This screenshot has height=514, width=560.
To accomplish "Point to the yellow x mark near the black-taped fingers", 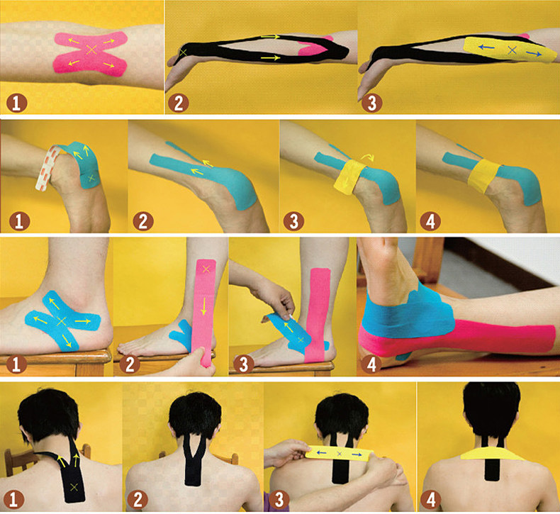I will [x=184, y=52].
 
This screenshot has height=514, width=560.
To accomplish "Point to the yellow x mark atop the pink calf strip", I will [x=206, y=269].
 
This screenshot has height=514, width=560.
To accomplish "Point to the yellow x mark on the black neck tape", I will [x=74, y=486].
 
